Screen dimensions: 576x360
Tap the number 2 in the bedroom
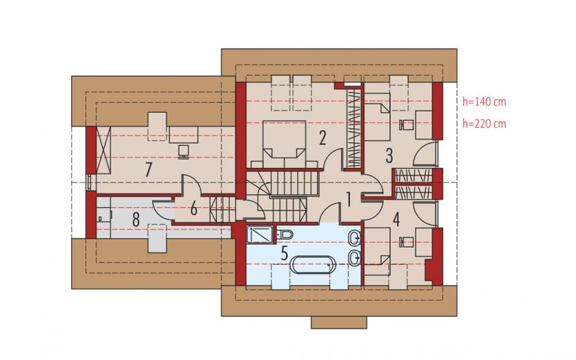(322, 138)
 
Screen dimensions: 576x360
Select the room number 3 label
(389, 156)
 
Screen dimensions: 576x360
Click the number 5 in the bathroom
(284, 253)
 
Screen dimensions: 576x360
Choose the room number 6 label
(194, 209)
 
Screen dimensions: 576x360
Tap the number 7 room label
(148, 170)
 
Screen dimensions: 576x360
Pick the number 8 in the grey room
(136, 220)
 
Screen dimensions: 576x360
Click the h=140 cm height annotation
(484, 101)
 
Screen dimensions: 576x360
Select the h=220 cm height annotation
(484, 123)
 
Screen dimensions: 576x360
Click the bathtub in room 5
(313, 264)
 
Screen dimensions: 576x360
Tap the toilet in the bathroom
(284, 234)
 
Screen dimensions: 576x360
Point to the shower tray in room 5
(260, 235)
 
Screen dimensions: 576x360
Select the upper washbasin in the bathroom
(355, 239)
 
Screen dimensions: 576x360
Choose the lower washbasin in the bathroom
(355, 258)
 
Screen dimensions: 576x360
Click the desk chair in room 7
(184, 151)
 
